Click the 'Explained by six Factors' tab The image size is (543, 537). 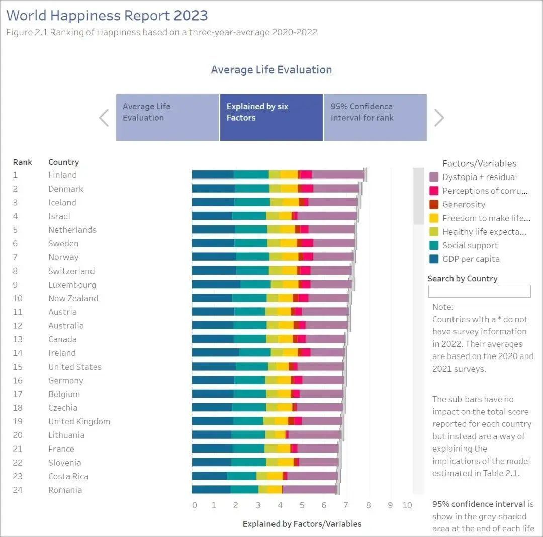coord(271,117)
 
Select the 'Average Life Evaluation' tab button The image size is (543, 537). coord(167,117)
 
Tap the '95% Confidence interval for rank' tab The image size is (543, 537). coord(375,117)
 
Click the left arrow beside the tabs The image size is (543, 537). coord(104,118)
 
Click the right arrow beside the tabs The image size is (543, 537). coord(439,118)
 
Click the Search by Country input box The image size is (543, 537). coord(479,291)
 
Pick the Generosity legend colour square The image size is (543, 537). coord(434,205)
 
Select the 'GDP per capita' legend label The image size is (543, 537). coord(471,259)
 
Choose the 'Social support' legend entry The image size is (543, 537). coord(470,245)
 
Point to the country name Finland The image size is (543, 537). coord(62,175)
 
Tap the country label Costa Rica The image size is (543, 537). coord(68,476)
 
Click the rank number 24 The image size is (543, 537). coord(18,490)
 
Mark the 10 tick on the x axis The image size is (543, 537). coord(407,505)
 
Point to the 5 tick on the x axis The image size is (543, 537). coord(301,505)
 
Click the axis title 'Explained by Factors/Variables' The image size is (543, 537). coord(302,524)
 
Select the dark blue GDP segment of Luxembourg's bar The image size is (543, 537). coord(216,284)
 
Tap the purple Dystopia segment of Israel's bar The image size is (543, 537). coord(327,216)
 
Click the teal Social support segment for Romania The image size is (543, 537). coord(244,490)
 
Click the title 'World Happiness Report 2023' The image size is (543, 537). coord(107,15)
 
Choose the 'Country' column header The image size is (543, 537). coord(63,162)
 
